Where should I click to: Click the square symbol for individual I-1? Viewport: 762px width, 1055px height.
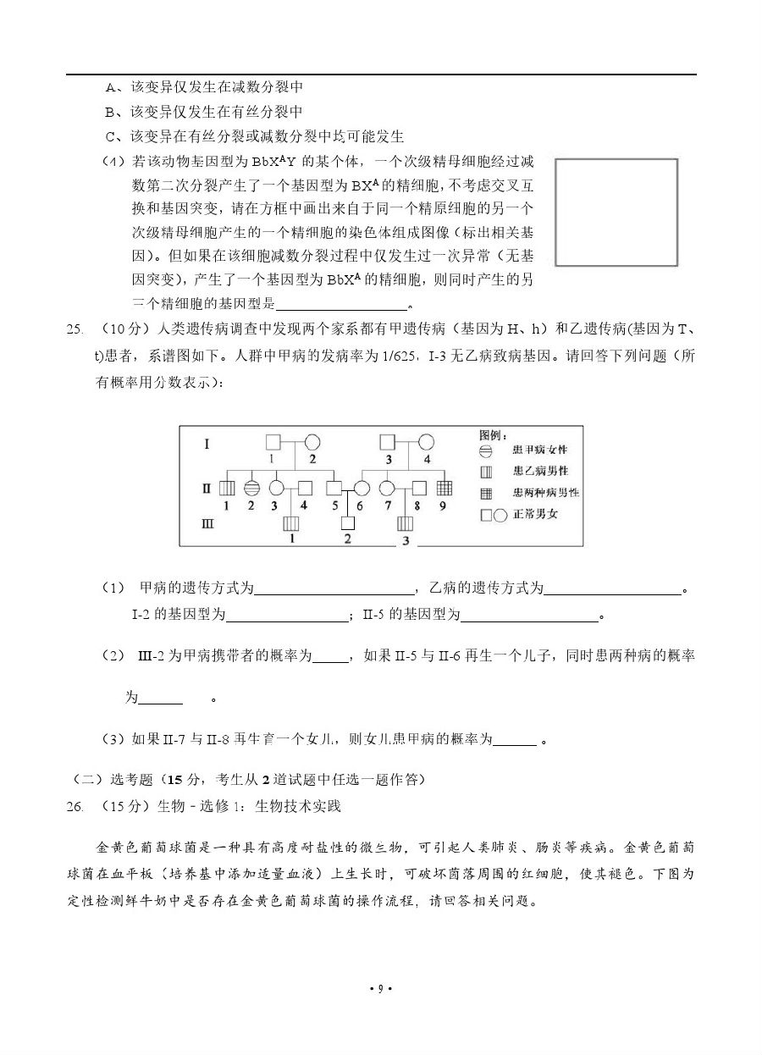pos(273,442)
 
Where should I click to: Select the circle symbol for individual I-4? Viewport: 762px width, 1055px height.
pos(426,442)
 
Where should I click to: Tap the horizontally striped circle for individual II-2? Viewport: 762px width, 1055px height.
pos(251,488)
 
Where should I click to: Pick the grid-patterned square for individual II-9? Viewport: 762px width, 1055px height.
pos(444,488)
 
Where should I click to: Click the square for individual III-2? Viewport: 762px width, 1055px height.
pos(346,522)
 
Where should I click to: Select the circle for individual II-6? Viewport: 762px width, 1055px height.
pos(362,488)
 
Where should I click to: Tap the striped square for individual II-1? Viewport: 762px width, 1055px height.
pos(226,488)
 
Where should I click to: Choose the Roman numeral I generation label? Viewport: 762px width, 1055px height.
pos(206,443)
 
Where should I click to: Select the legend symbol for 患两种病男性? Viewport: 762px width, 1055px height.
pos(486,493)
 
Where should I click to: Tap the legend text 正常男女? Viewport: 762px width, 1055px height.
pos(535,515)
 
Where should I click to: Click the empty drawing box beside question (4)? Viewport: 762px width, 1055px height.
pos(616,213)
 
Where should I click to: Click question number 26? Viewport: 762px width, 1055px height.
pos(75,806)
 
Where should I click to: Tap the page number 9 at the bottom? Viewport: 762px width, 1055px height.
pos(380,988)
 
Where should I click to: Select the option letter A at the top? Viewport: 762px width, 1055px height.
pos(111,87)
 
